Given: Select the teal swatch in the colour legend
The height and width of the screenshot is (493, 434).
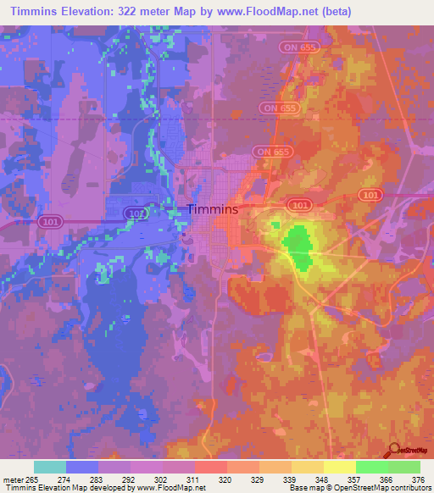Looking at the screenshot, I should click(50, 467).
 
